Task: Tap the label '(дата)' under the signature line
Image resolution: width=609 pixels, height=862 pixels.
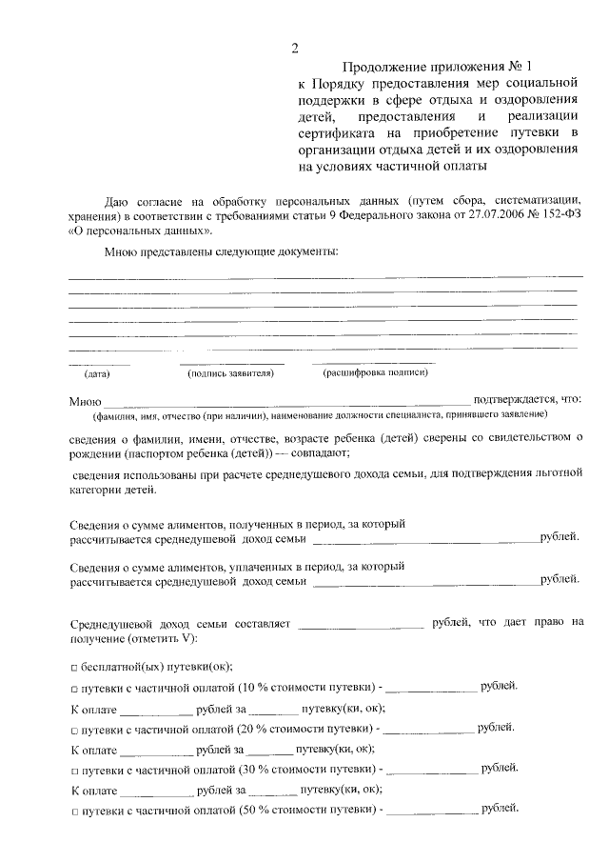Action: click(97, 373)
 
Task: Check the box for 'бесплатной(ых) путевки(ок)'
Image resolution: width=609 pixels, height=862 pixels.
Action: click(74, 667)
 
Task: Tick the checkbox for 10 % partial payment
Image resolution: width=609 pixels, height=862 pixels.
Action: click(74, 688)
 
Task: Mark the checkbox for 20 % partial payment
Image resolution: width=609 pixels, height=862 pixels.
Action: click(74, 729)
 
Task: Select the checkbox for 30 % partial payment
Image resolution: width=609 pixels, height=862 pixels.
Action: click(74, 770)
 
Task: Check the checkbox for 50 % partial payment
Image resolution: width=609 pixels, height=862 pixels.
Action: click(74, 811)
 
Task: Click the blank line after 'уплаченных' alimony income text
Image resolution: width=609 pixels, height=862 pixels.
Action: click(424, 580)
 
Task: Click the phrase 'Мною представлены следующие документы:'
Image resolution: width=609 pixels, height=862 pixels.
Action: click(221, 252)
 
